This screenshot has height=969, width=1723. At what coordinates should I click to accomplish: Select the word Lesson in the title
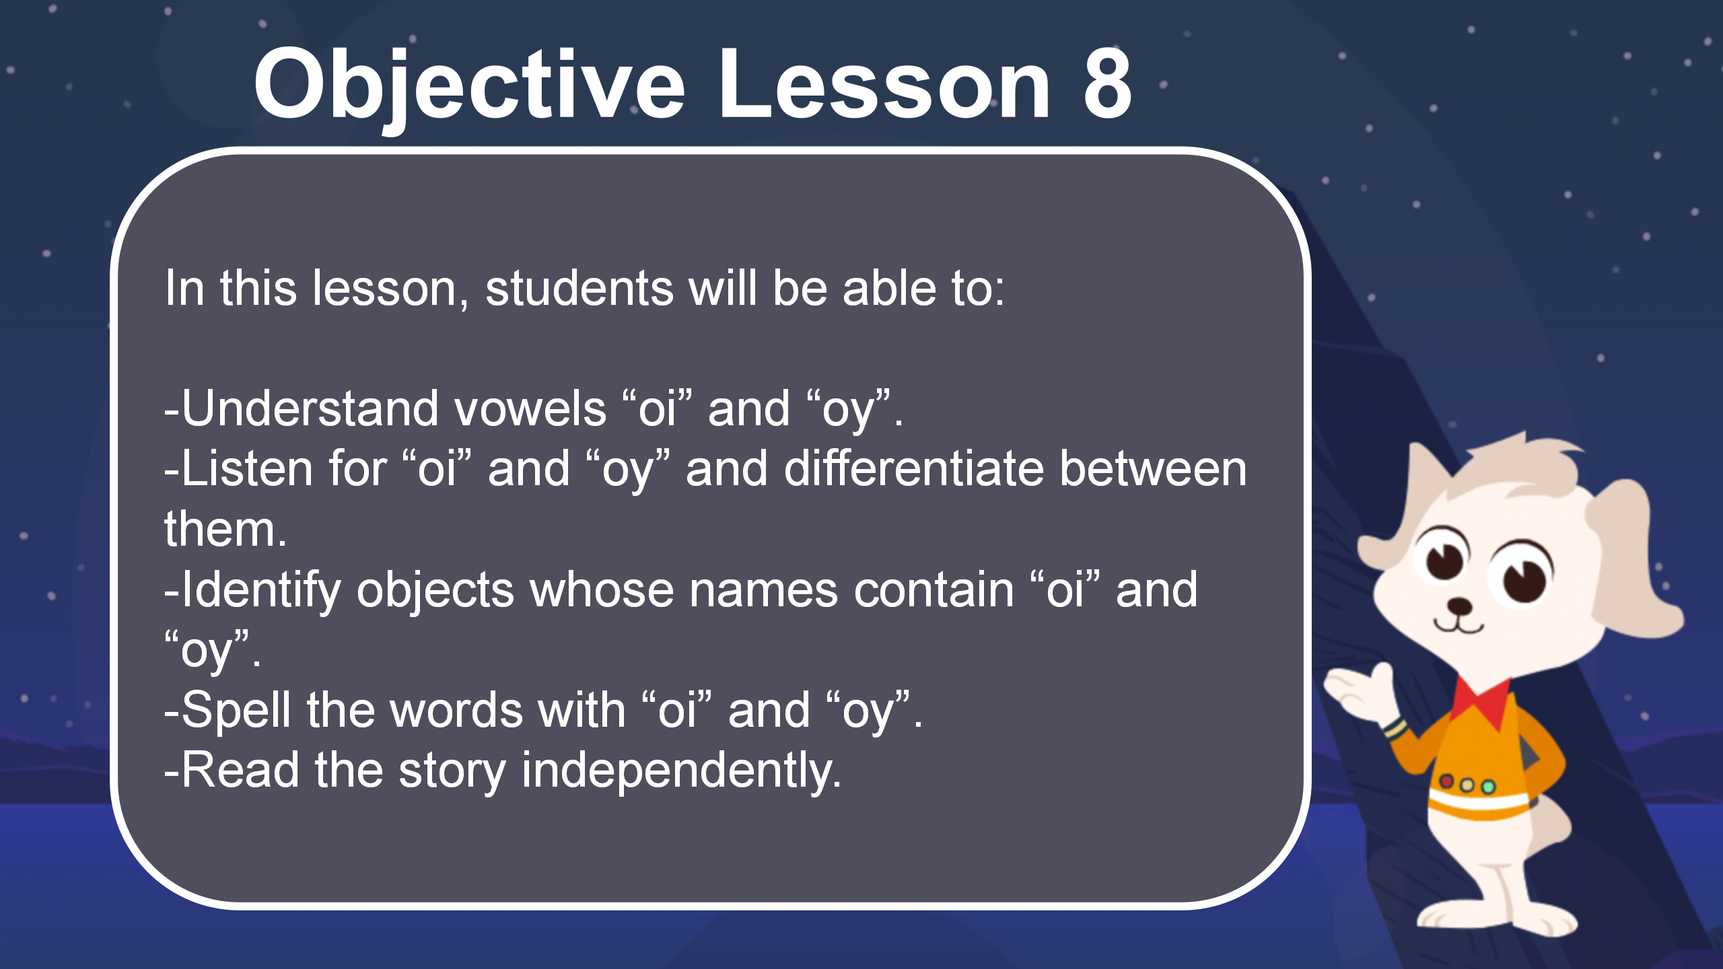(x=884, y=85)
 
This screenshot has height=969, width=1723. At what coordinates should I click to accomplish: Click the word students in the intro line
(x=579, y=288)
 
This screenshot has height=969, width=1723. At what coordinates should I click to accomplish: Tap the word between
(x=1153, y=468)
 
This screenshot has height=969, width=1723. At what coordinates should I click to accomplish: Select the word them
(x=225, y=530)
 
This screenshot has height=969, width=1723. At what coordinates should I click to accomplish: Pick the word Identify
(x=261, y=591)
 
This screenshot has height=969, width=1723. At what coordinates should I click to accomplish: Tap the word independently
(x=681, y=771)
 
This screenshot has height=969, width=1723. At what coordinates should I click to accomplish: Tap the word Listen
(x=248, y=468)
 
